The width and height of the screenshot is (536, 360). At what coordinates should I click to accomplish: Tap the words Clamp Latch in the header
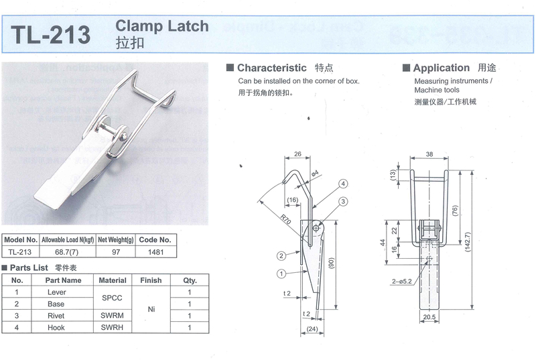click(x=162, y=26)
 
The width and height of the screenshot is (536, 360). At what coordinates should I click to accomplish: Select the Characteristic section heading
click(x=271, y=68)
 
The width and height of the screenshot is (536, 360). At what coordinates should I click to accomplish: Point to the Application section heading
click(x=441, y=68)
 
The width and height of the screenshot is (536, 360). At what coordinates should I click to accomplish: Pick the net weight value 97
click(x=116, y=251)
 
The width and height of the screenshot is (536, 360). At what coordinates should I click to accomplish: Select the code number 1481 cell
click(x=155, y=251)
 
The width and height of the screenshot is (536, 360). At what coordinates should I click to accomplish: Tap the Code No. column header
click(x=155, y=239)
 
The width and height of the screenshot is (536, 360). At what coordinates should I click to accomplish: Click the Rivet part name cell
click(x=56, y=315)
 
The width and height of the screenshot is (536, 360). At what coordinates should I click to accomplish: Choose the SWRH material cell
click(x=113, y=327)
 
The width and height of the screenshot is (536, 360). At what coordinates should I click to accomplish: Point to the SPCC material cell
click(x=113, y=298)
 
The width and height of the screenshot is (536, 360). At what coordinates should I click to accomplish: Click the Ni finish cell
click(x=151, y=310)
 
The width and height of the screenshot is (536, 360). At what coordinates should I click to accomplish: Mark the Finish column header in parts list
click(x=151, y=280)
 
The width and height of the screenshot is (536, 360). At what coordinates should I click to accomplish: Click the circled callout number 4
click(x=342, y=183)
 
